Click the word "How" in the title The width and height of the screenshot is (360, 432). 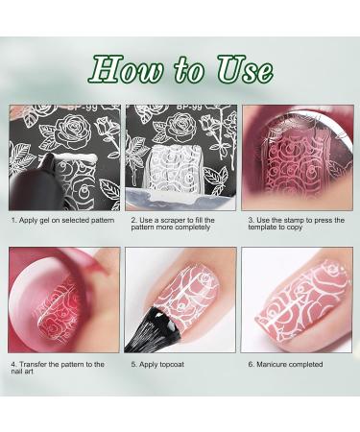126,69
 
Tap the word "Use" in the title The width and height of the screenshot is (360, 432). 245,69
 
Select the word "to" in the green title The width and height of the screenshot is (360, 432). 189,71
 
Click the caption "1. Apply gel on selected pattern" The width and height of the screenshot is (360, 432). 62,220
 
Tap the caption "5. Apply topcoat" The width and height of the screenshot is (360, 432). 157,364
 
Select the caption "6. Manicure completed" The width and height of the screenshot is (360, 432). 285,364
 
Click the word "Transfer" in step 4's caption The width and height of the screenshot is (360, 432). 33,364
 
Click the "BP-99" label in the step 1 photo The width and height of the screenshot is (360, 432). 83,108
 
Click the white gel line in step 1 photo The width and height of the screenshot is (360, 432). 74,157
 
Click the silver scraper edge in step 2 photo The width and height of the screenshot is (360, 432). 180,200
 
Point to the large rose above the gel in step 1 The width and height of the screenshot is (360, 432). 74,132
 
